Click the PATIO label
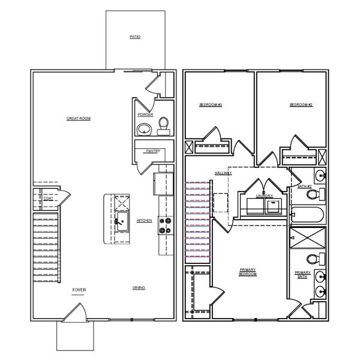click(x=135, y=37)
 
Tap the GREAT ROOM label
click(x=78, y=119)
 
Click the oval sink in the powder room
click(x=144, y=128)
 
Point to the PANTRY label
click(x=151, y=151)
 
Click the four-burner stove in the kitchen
click(x=164, y=226)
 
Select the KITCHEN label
click(x=144, y=220)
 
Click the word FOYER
click(x=79, y=290)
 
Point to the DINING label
click(x=139, y=289)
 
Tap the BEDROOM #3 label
click(x=211, y=105)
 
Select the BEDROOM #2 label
click(x=301, y=105)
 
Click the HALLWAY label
click(x=223, y=173)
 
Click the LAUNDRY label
click(x=264, y=196)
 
